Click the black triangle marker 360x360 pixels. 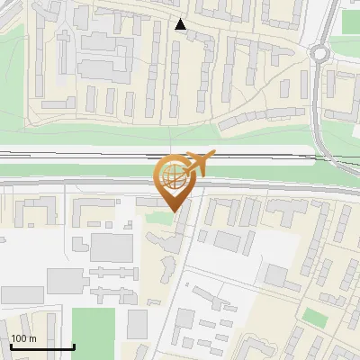[181, 25]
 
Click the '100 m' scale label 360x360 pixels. [23, 338]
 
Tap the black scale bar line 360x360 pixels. [41, 346]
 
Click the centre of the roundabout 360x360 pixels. [324, 53]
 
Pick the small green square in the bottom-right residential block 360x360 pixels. [314, 318]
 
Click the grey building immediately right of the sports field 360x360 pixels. [137, 323]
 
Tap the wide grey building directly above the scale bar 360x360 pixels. [22, 294]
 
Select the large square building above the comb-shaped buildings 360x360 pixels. [112, 247]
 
